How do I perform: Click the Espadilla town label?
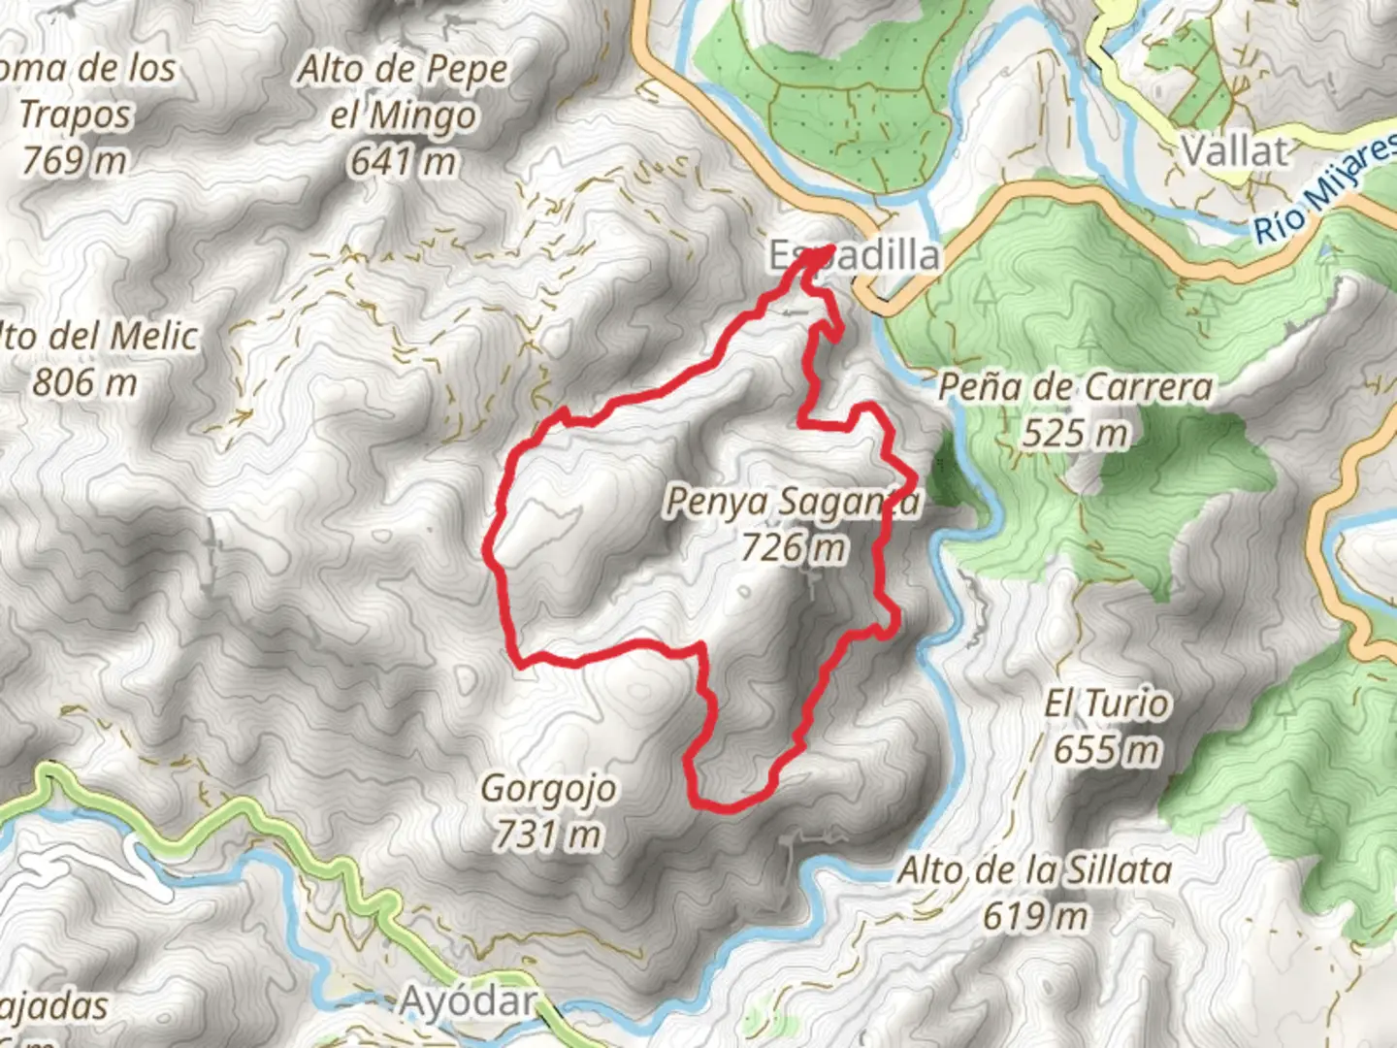[855, 256]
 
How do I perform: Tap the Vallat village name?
[1235, 151]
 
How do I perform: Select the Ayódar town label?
[469, 1001]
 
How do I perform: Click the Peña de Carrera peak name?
[1075, 387]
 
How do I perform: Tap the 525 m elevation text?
[1075, 434]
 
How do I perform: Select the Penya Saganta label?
[791, 502]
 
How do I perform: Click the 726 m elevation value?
[793, 548]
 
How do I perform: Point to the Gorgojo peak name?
[548, 788]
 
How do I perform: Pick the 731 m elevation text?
[548, 834]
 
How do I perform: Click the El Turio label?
[1107, 704]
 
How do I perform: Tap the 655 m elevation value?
[1107, 750]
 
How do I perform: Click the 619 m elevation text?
[1034, 916]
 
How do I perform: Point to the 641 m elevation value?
[403, 161]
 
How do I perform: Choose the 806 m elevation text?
[84, 382]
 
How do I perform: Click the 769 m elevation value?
[75, 160]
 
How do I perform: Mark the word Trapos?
[75, 115]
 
